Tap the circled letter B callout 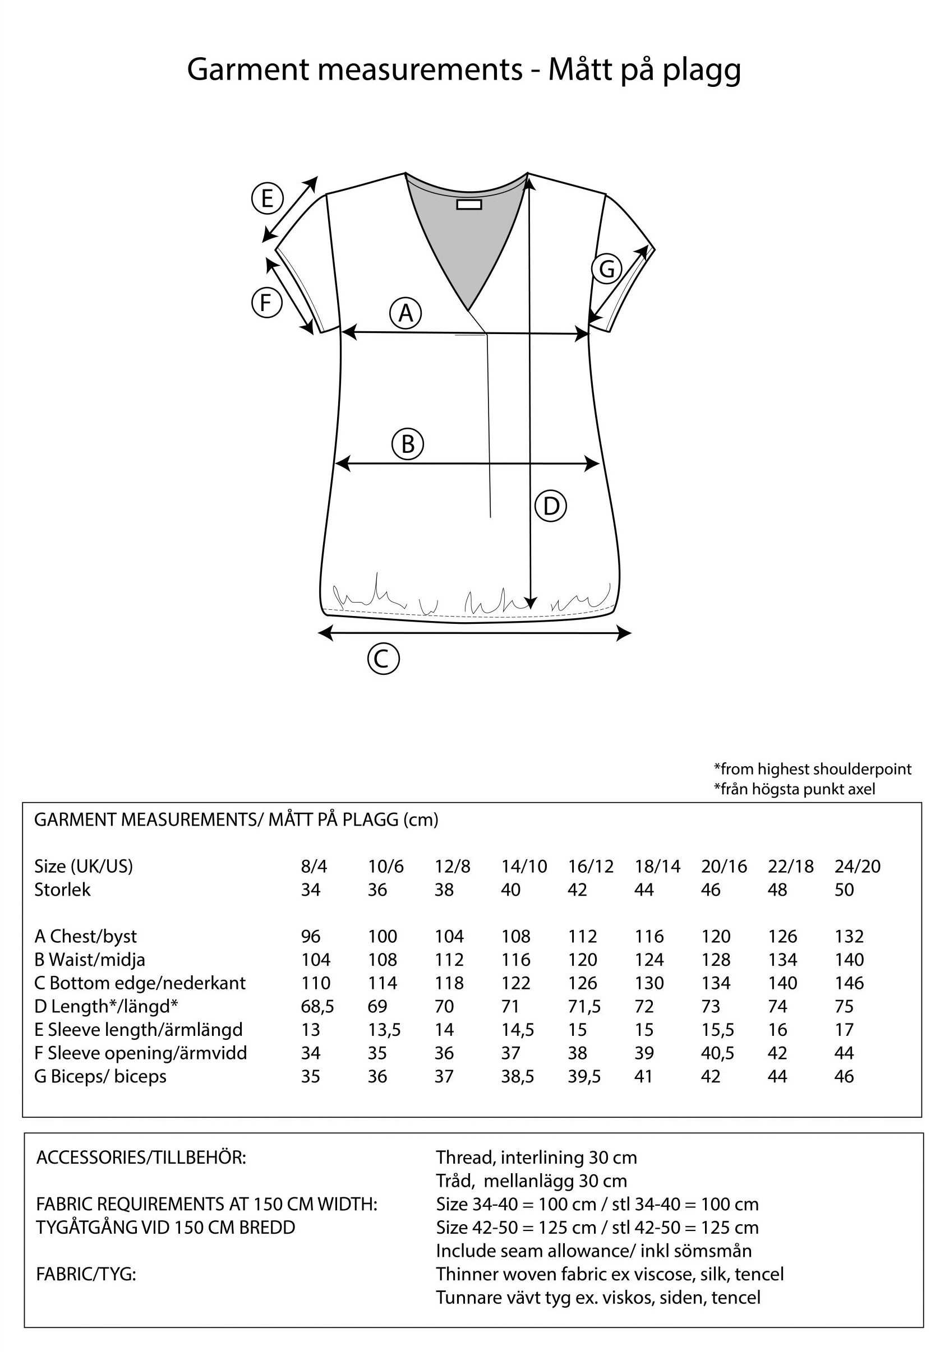[x=408, y=444]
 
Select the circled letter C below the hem [x=383, y=659]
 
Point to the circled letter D [x=551, y=506]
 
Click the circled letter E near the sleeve [x=268, y=198]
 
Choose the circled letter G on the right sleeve [x=607, y=269]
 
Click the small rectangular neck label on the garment [x=469, y=204]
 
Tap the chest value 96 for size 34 [x=310, y=936]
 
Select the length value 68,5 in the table [x=317, y=1006]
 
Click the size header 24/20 [x=857, y=866]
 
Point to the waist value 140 [x=849, y=960]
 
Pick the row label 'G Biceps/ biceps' [x=100, y=1076]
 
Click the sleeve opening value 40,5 [x=717, y=1053]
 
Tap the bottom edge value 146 [x=849, y=983]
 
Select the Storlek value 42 [x=577, y=890]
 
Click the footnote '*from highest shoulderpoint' [x=812, y=768]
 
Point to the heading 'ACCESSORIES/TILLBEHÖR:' [x=141, y=1157]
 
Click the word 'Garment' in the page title [x=248, y=70]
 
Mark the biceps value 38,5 [x=517, y=1076]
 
